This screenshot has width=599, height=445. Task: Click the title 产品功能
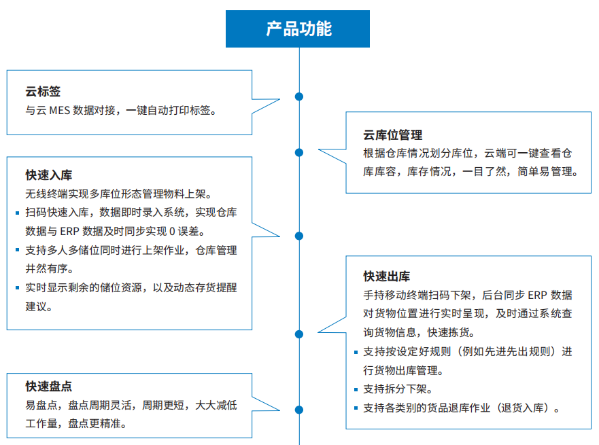[298, 29]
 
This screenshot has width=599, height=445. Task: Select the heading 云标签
[43, 91]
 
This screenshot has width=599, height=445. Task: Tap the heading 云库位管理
[393, 135]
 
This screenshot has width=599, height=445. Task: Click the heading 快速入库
[49, 175]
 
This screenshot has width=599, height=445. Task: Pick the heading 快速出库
[387, 277]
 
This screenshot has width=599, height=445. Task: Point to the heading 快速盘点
[49, 386]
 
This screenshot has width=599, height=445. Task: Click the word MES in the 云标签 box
[60, 111]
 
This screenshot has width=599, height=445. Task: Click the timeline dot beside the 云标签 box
[299, 96]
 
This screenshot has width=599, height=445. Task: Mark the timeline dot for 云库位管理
[299, 153]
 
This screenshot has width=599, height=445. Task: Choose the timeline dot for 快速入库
[299, 236]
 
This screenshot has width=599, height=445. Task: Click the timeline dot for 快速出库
[299, 334]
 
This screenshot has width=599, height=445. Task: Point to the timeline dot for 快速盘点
[299, 410]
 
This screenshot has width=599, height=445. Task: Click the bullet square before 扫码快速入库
[17, 213]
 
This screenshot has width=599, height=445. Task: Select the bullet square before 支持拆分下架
[356, 390]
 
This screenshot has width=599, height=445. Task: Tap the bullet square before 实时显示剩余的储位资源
[17, 288]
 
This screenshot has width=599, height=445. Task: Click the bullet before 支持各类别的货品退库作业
[356, 408]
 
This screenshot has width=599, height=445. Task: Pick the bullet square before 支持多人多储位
[17, 250]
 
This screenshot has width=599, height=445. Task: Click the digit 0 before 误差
[172, 231]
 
